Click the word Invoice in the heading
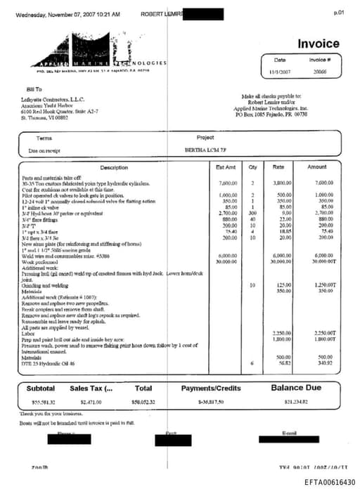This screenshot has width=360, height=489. click(x=319, y=44)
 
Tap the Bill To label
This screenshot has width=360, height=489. click(x=34, y=90)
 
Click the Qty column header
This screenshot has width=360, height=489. click(x=252, y=167)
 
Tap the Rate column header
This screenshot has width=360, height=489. click(x=278, y=167)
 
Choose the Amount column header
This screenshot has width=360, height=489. click(x=317, y=167)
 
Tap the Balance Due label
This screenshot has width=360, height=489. click(x=295, y=387)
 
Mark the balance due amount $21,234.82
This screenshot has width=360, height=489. click(x=295, y=401)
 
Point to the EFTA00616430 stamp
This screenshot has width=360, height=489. click(x=330, y=481)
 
